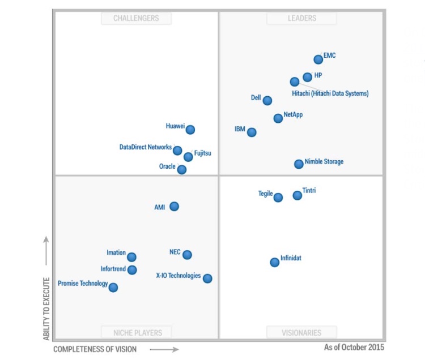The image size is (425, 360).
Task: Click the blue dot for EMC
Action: (x=318, y=59)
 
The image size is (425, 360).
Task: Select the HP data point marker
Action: (x=307, y=77)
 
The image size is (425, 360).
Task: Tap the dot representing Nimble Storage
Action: (x=299, y=164)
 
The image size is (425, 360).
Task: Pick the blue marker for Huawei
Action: (x=190, y=130)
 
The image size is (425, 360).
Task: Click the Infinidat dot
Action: (x=275, y=262)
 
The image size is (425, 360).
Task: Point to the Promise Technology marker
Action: (x=113, y=288)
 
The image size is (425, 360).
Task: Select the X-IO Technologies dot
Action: (x=207, y=278)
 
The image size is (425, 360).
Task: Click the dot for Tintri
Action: (x=297, y=195)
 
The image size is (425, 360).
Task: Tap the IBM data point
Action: (x=252, y=132)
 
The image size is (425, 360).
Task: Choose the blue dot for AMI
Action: (x=174, y=207)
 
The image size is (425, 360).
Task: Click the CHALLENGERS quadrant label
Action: (x=136, y=18)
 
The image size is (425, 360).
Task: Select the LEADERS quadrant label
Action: (x=301, y=18)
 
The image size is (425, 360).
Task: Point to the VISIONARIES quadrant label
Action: (x=301, y=333)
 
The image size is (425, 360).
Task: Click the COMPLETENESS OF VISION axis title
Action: (x=95, y=350)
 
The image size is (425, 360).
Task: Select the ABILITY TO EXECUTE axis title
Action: (x=46, y=308)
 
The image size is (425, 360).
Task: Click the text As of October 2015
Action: (x=354, y=347)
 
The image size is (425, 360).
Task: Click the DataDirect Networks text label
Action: (x=146, y=147)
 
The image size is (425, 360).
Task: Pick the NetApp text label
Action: (x=293, y=115)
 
